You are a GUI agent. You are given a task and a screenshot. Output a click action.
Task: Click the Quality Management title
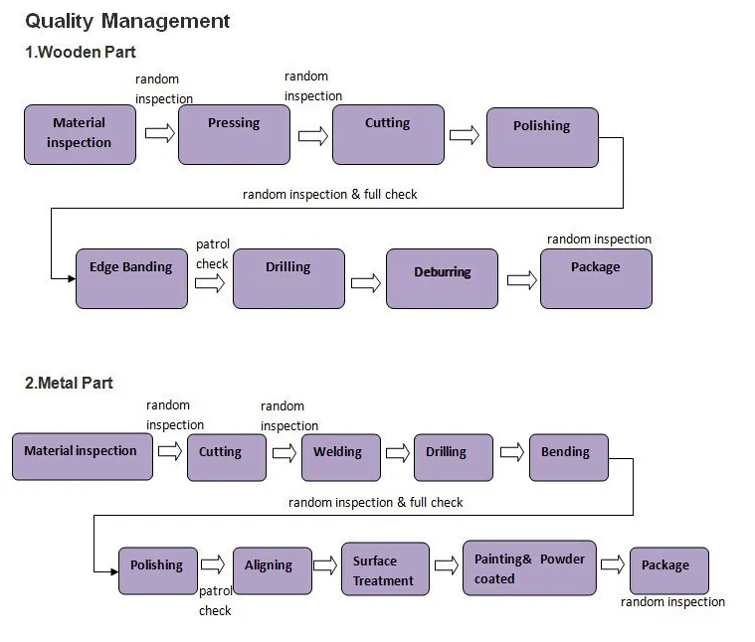127,21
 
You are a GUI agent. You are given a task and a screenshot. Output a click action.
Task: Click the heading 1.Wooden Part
81,52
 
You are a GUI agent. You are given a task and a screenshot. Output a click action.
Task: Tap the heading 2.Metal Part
70,383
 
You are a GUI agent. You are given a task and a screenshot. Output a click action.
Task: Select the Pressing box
234,134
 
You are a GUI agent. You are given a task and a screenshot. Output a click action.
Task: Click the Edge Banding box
131,278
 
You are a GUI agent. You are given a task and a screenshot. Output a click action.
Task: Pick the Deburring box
443,278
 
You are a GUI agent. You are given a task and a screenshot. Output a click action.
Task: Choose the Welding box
340,458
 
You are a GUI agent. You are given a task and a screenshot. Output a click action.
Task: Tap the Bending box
567,458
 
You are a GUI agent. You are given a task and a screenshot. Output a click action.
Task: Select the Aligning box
272,571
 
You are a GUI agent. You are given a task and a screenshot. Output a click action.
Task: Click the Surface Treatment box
385,569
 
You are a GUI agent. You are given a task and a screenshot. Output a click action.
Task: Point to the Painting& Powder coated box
529,568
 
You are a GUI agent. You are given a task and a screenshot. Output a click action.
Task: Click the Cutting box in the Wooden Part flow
388,134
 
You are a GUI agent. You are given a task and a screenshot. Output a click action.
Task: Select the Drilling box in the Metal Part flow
453,458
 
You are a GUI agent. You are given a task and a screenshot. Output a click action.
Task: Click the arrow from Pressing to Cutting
312,136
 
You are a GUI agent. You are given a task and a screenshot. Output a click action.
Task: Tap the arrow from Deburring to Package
521,280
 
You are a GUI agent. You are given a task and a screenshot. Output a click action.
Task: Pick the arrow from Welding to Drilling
398,453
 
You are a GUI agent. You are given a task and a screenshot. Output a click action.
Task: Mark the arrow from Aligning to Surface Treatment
325,564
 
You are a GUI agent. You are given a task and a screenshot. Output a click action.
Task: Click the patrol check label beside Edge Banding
212,254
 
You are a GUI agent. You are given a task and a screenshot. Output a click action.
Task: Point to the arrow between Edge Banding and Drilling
210,283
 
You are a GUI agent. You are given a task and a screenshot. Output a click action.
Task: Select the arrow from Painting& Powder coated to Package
613,564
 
